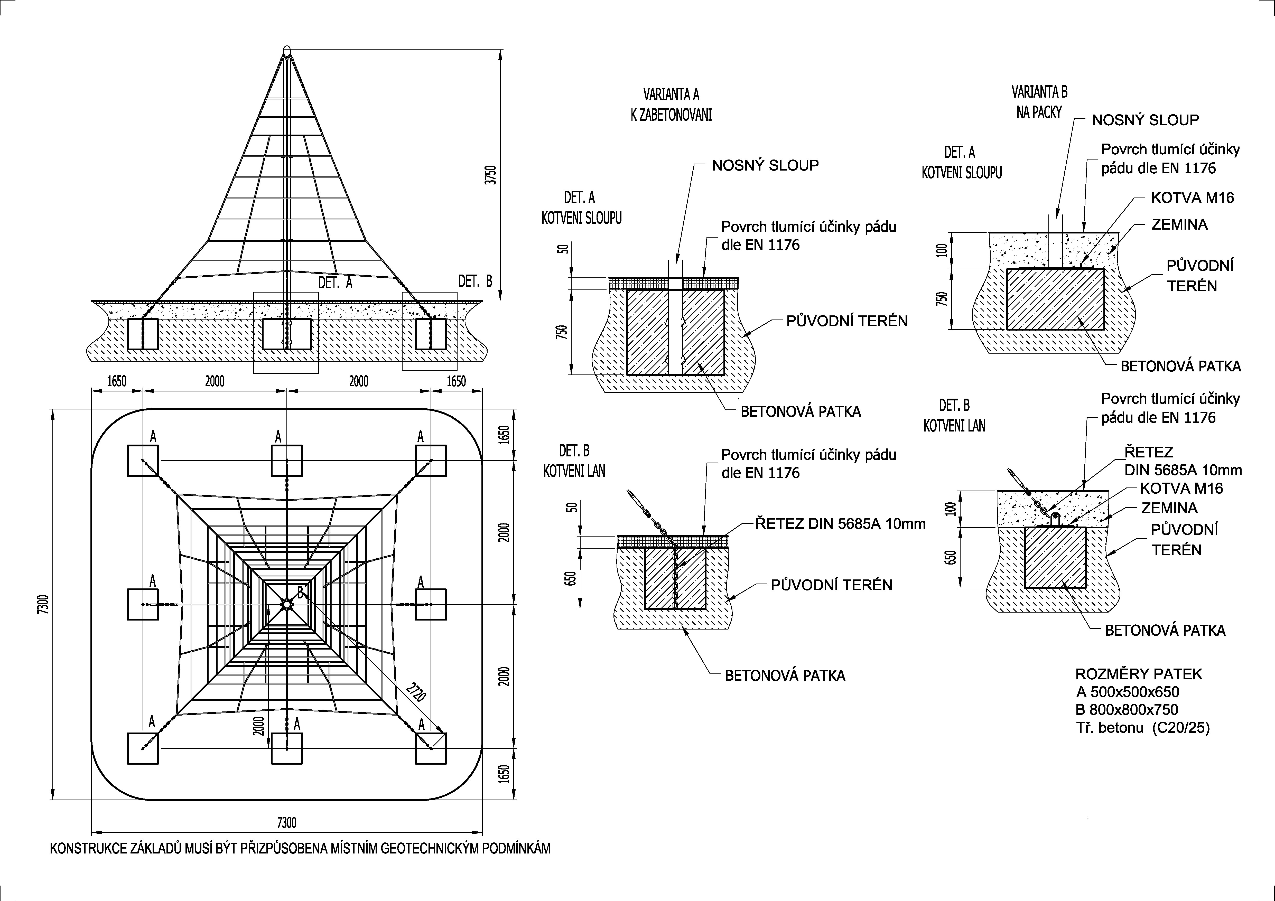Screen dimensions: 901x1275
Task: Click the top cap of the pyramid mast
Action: pyautogui.click(x=286, y=50)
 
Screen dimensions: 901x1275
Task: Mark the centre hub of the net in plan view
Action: pyautogui.click(x=286, y=604)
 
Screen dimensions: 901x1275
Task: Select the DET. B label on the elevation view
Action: pyautogui.click(x=475, y=281)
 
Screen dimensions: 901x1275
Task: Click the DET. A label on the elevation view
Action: pyautogui.click(x=336, y=283)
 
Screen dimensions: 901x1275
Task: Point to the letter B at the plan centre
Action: pyautogui.click(x=300, y=593)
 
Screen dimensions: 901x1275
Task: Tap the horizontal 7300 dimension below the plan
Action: pyautogui.click(x=286, y=823)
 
